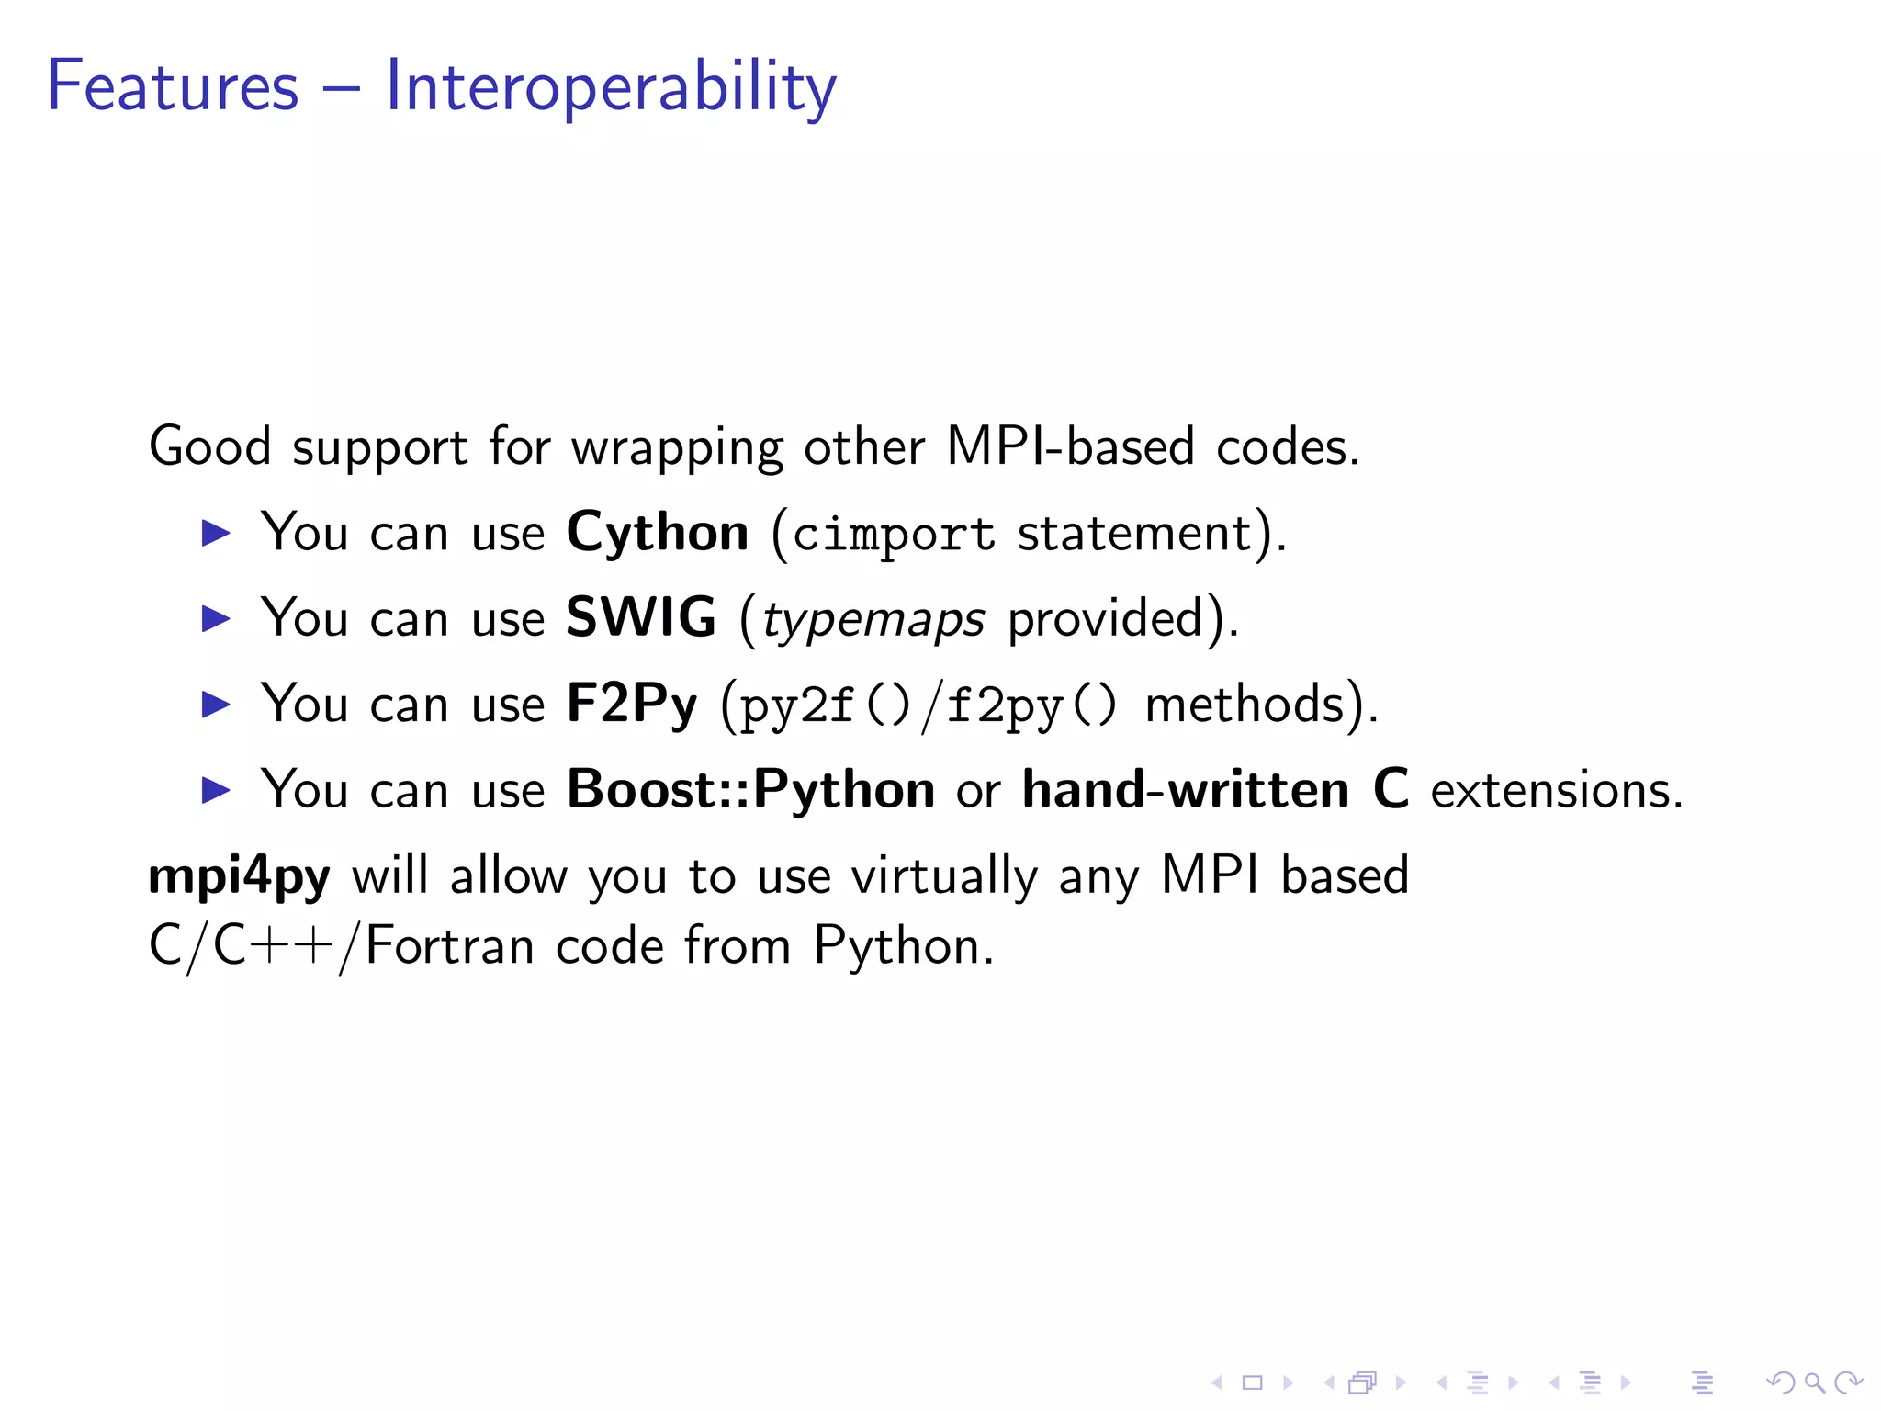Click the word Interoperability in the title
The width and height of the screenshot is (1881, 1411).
click(610, 87)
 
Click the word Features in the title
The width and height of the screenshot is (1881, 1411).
click(173, 87)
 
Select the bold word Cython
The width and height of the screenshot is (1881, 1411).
click(658, 533)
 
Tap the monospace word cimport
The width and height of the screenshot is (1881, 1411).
click(894, 535)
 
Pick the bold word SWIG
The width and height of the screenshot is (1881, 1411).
click(640, 617)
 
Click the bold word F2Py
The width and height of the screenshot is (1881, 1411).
click(631, 705)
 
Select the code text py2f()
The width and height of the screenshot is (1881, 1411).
click(824, 706)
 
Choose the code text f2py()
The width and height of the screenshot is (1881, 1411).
click(1031, 706)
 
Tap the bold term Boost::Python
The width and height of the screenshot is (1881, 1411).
click(750, 790)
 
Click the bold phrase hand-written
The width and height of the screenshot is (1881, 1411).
click(1186, 790)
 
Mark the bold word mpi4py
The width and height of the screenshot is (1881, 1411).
click(239, 876)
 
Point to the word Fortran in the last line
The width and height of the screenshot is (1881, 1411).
click(449, 946)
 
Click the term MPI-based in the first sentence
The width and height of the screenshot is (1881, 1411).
click(1070, 447)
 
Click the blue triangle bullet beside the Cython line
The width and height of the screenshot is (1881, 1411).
click(216, 533)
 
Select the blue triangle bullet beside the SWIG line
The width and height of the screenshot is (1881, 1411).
click(216, 618)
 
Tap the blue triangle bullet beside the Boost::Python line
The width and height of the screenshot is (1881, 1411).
click(216, 790)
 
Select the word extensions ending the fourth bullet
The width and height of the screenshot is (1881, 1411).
click(1557, 791)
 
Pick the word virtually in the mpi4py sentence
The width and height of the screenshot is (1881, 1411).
click(943, 876)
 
